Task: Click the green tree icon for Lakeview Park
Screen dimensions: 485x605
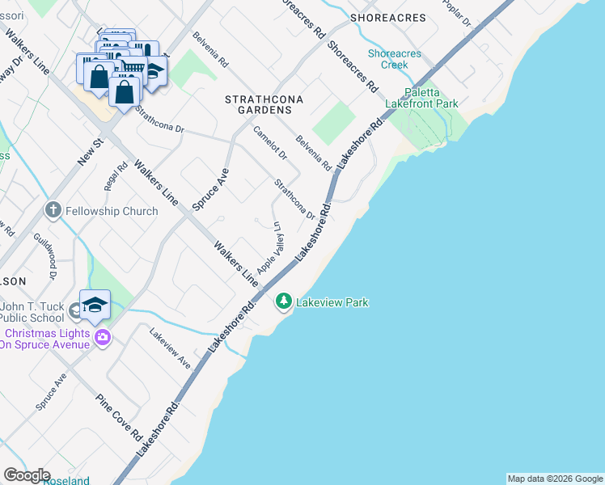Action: (x=283, y=302)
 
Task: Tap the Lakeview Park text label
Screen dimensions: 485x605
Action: (x=332, y=302)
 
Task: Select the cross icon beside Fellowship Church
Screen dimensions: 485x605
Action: (x=53, y=211)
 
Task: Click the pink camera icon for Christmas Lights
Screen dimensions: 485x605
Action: (x=102, y=338)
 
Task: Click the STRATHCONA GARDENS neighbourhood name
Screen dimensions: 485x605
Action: (x=258, y=103)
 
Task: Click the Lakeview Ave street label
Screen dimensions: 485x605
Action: (x=170, y=348)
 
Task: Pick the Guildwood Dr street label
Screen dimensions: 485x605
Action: (x=44, y=255)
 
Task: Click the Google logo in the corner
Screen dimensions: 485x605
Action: (x=27, y=474)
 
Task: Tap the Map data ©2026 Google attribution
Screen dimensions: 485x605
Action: (x=555, y=479)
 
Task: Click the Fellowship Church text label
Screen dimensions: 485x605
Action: (x=112, y=211)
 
